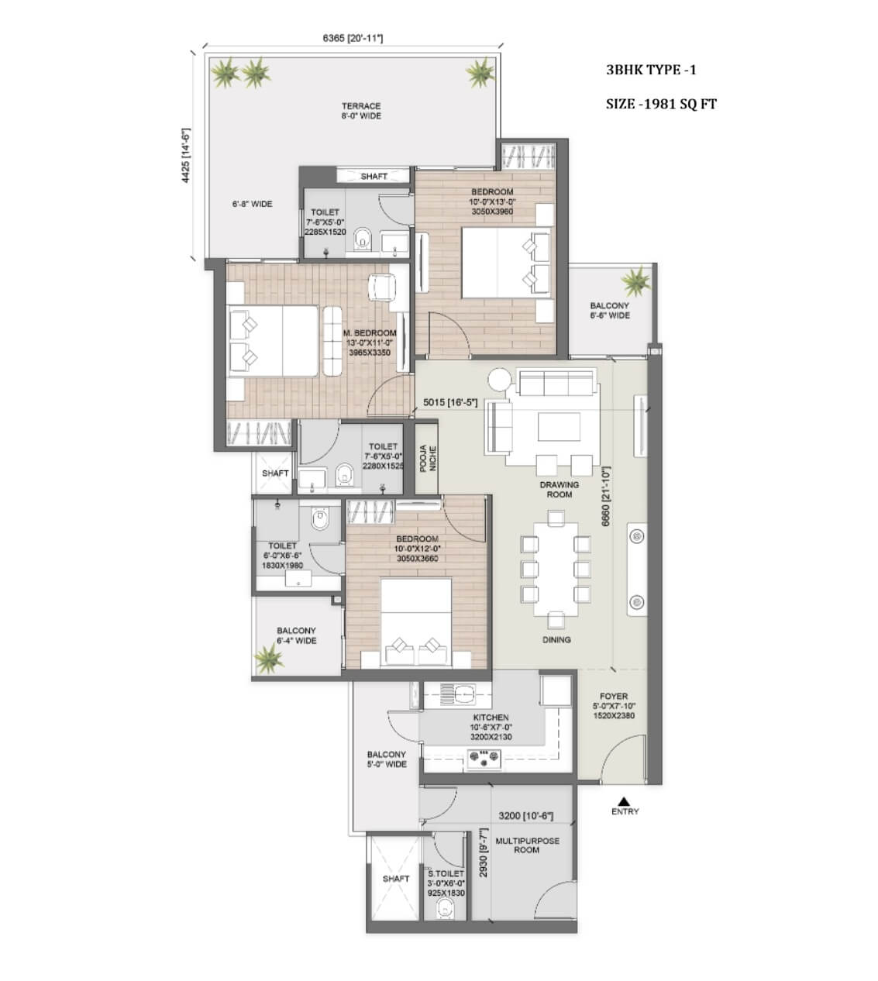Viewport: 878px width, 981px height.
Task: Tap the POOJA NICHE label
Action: tap(428, 458)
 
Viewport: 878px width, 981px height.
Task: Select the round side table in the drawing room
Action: tap(499, 379)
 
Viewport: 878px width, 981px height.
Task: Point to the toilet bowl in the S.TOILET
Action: tap(445, 908)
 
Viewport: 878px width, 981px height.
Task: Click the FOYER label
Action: tap(614, 697)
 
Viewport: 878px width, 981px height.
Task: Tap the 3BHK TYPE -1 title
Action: tap(652, 71)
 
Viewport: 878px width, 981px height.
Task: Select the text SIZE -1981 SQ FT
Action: tap(661, 104)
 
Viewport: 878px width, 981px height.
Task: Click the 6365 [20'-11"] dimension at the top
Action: tap(353, 38)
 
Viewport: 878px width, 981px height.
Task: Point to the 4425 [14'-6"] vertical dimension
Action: tap(186, 156)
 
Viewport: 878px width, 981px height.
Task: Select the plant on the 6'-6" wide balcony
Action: tap(636, 281)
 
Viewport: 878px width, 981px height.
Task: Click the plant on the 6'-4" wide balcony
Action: tap(269, 658)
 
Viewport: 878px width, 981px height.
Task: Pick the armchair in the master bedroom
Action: tap(381, 288)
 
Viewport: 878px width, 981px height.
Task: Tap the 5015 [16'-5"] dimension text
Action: tap(450, 402)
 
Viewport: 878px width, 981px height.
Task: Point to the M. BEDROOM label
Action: tap(370, 333)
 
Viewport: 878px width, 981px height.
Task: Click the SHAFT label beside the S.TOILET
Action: tap(396, 879)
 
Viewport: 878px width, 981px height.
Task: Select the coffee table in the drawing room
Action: tap(559, 427)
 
